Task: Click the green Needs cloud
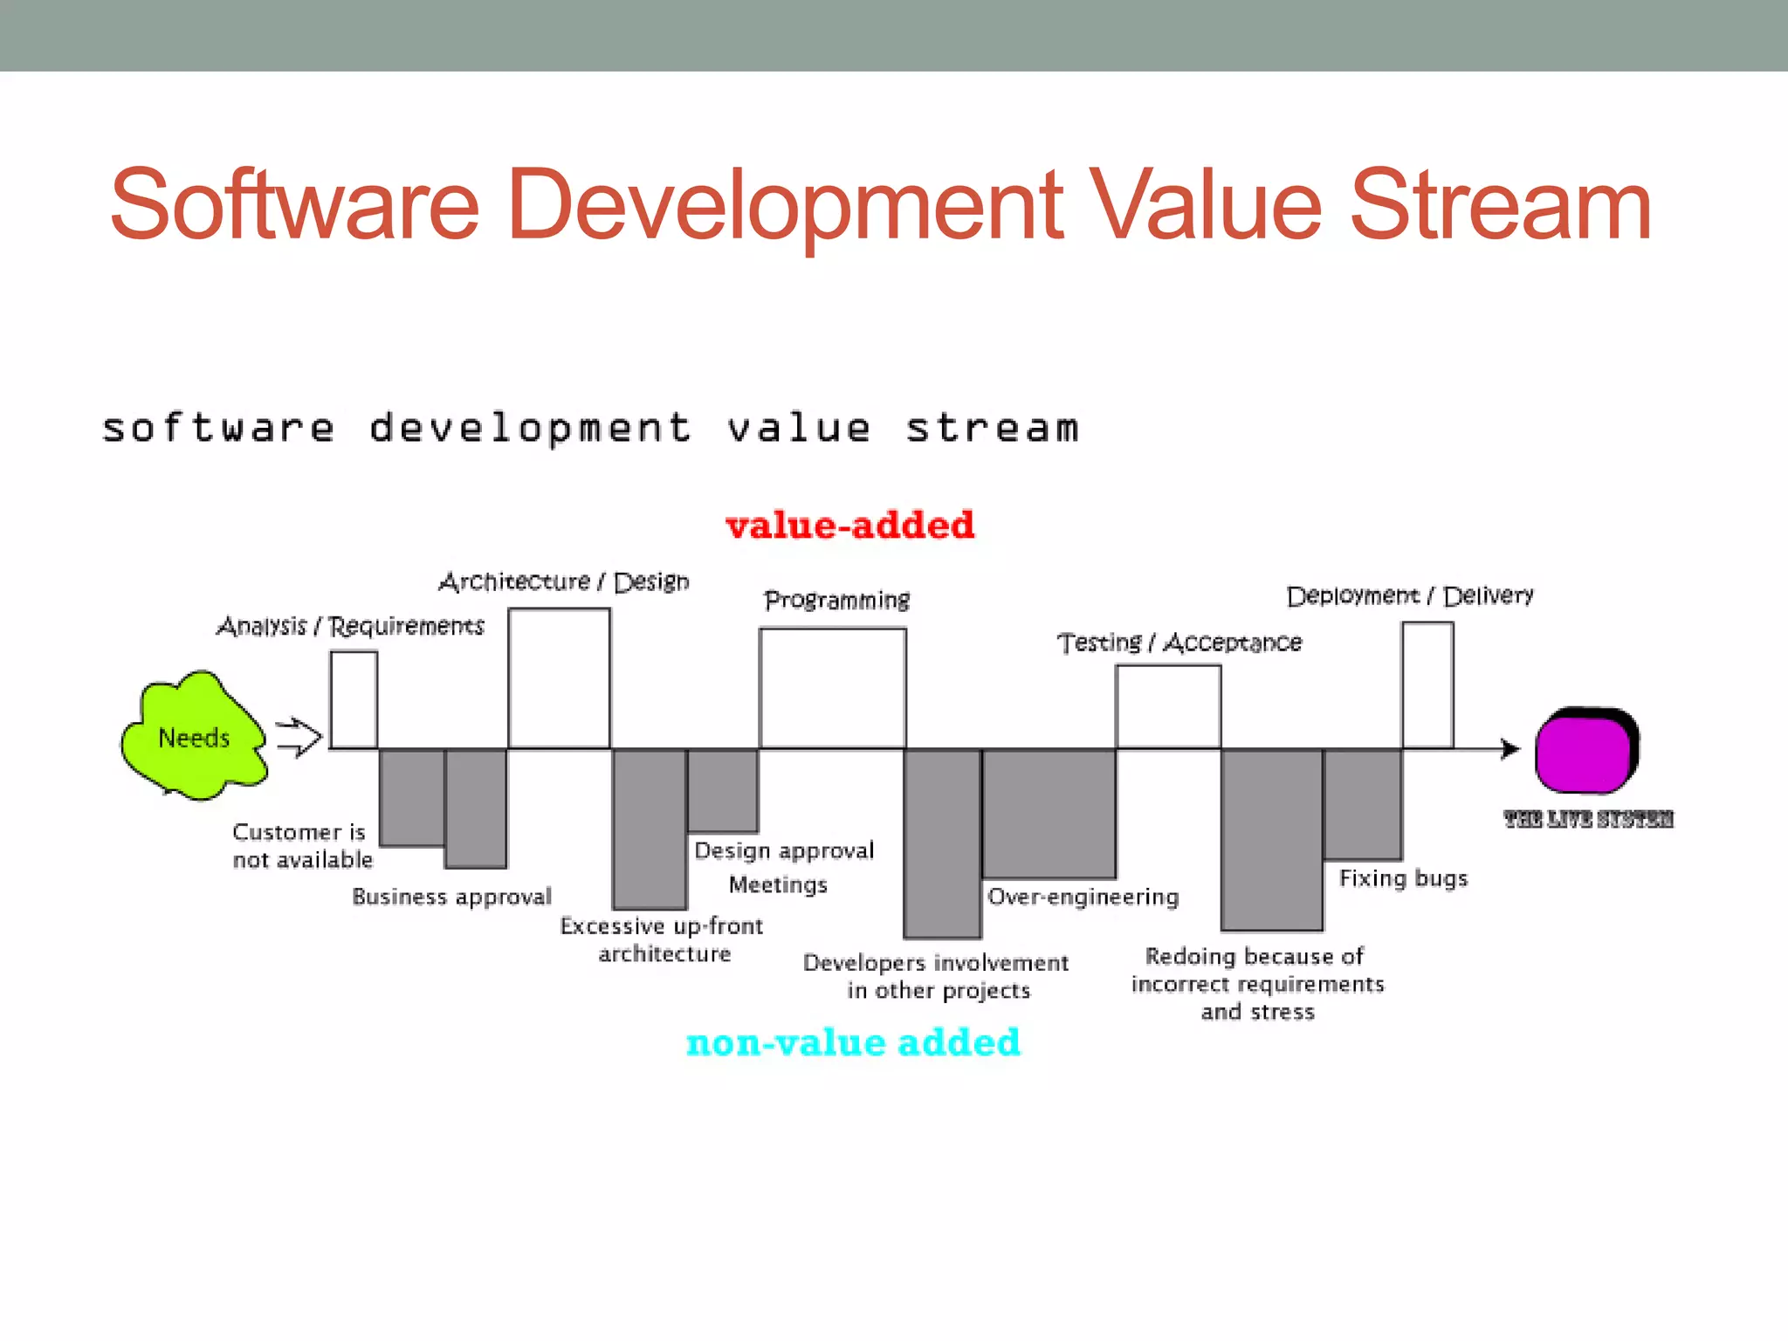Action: coord(194,736)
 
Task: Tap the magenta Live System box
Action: coord(1585,752)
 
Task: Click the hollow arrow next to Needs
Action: coord(299,738)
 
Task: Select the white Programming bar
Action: coord(832,688)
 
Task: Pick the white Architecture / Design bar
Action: coord(559,678)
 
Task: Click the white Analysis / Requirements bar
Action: coord(354,699)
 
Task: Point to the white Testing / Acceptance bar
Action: coord(1167,706)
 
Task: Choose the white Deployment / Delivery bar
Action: coord(1427,685)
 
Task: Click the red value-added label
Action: coord(849,525)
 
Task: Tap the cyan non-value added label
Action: coord(853,1042)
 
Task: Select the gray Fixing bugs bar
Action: coord(1362,804)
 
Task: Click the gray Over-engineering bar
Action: coord(1049,813)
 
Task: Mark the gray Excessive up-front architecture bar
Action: coord(649,829)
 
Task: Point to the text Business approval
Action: coord(451,897)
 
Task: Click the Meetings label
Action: coord(778,884)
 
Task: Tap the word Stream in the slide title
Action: coord(1500,206)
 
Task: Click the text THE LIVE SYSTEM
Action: coord(1588,819)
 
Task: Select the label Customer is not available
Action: coord(301,845)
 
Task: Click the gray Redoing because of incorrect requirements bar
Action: coord(1271,839)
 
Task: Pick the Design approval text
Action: coord(783,850)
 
